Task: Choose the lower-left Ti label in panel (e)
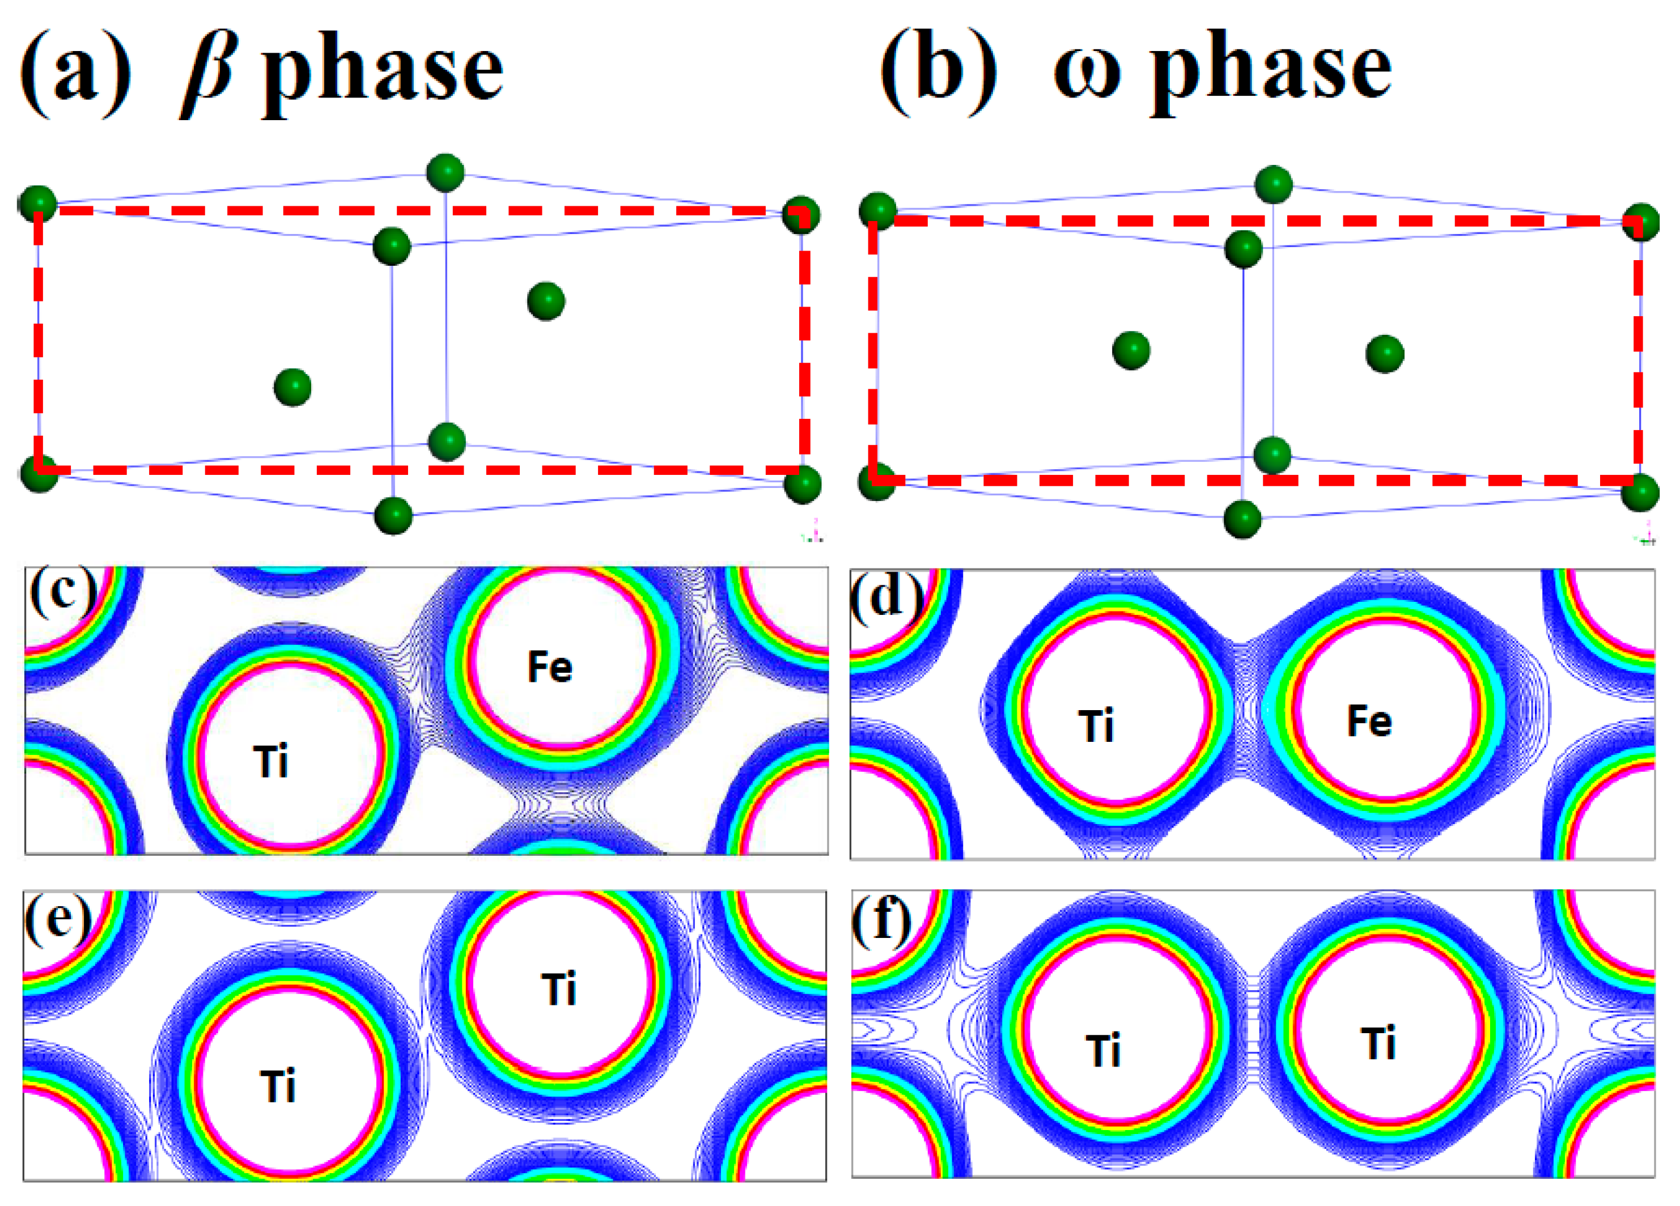tap(278, 1087)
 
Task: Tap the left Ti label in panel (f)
tap(1103, 1051)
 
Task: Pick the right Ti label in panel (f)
tap(1378, 1043)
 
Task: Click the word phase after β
tap(383, 74)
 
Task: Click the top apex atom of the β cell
tap(445, 173)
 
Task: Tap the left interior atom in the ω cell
tap(1131, 350)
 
